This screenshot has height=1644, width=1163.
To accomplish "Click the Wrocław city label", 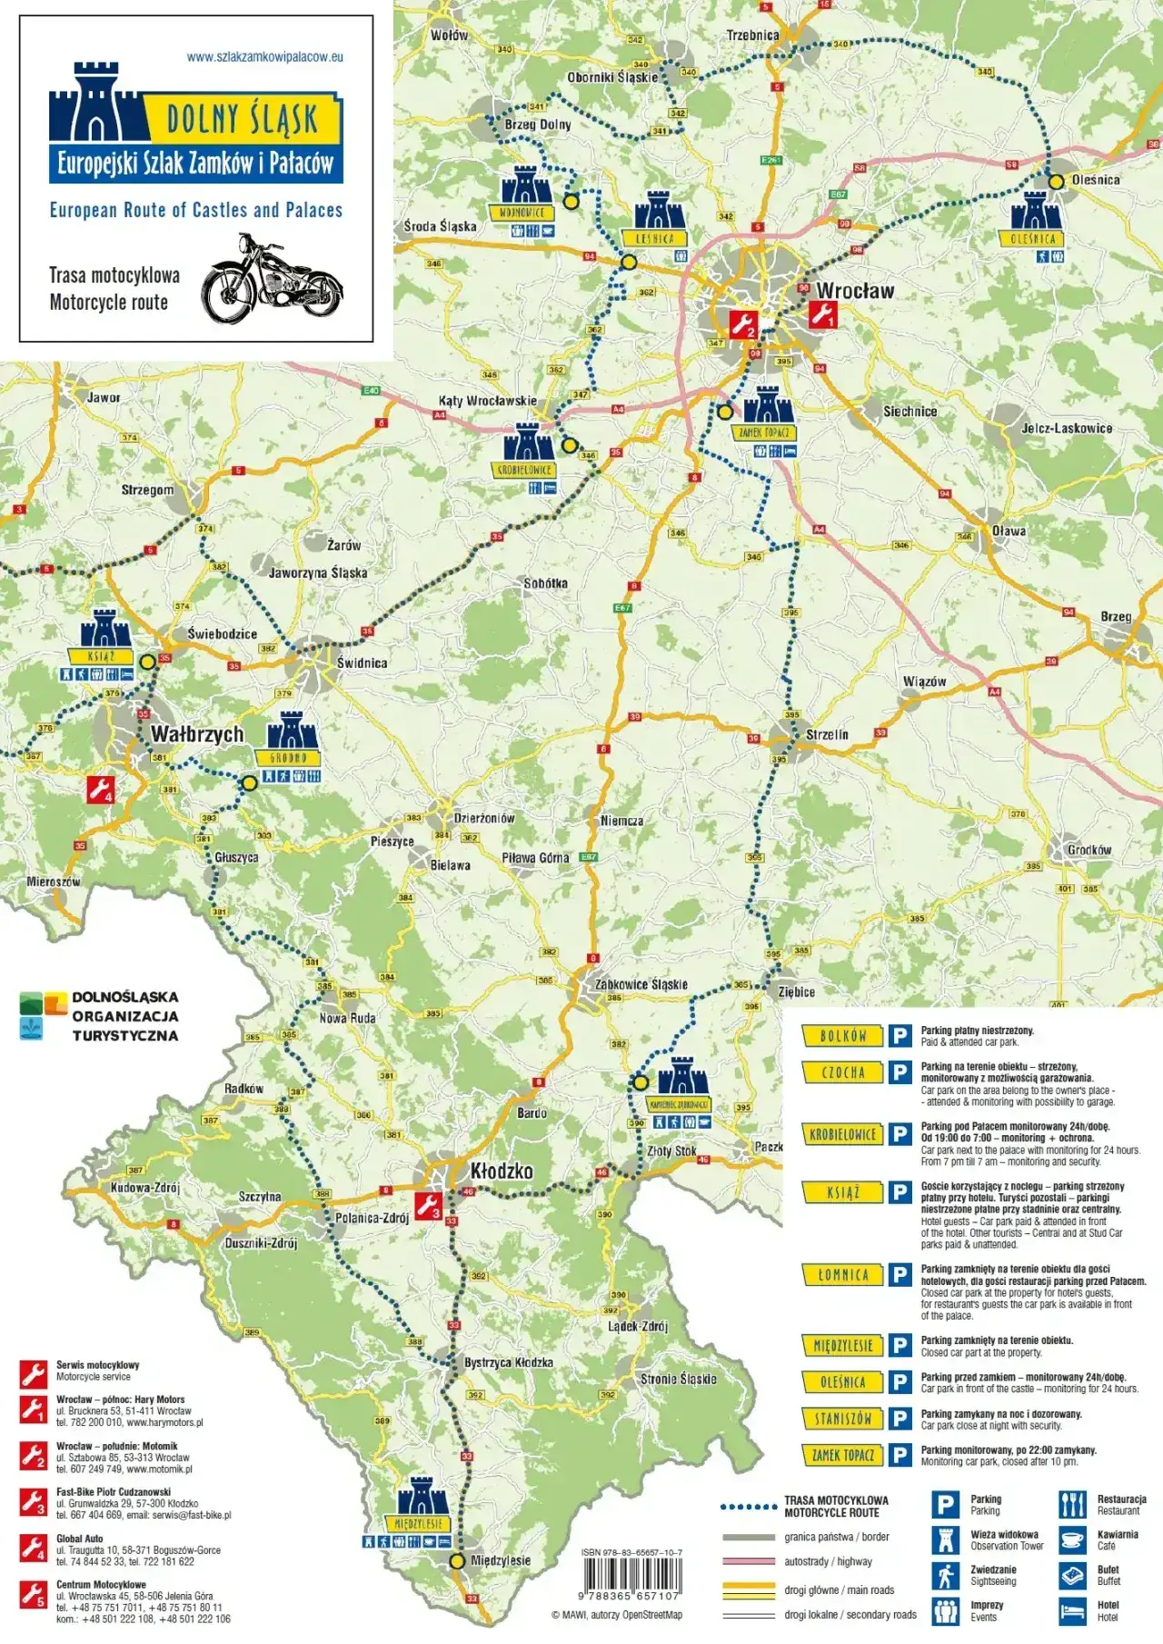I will pyautogui.click(x=854, y=291).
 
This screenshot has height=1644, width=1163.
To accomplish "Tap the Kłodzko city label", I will pyautogui.click(x=501, y=1171).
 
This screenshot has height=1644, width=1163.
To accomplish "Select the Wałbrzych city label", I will pyautogui.click(x=196, y=734).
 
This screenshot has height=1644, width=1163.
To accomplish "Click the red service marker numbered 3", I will pyautogui.click(x=428, y=1206).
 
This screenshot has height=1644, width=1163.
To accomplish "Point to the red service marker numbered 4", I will pyautogui.click(x=100, y=789).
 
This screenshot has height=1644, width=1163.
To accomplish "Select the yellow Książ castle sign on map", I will pyautogui.click(x=101, y=656).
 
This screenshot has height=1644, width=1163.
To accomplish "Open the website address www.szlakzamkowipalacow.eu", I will pyautogui.click(x=264, y=56).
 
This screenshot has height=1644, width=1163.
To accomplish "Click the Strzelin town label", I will pyautogui.click(x=827, y=734).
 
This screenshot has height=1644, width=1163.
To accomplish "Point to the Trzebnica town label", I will pyautogui.click(x=752, y=35).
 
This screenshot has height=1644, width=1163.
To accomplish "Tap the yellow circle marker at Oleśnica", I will pyautogui.click(x=1056, y=182).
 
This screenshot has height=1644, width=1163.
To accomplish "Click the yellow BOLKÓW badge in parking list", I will pyautogui.click(x=843, y=1035).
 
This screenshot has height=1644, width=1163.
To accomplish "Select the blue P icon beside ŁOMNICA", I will pyautogui.click(x=900, y=1275).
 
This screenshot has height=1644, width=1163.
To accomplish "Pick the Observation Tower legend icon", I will pyautogui.click(x=945, y=1540).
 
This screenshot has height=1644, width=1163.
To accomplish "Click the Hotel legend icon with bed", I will pyautogui.click(x=1072, y=1611).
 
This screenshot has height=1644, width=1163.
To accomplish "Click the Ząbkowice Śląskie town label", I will pyautogui.click(x=641, y=984).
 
